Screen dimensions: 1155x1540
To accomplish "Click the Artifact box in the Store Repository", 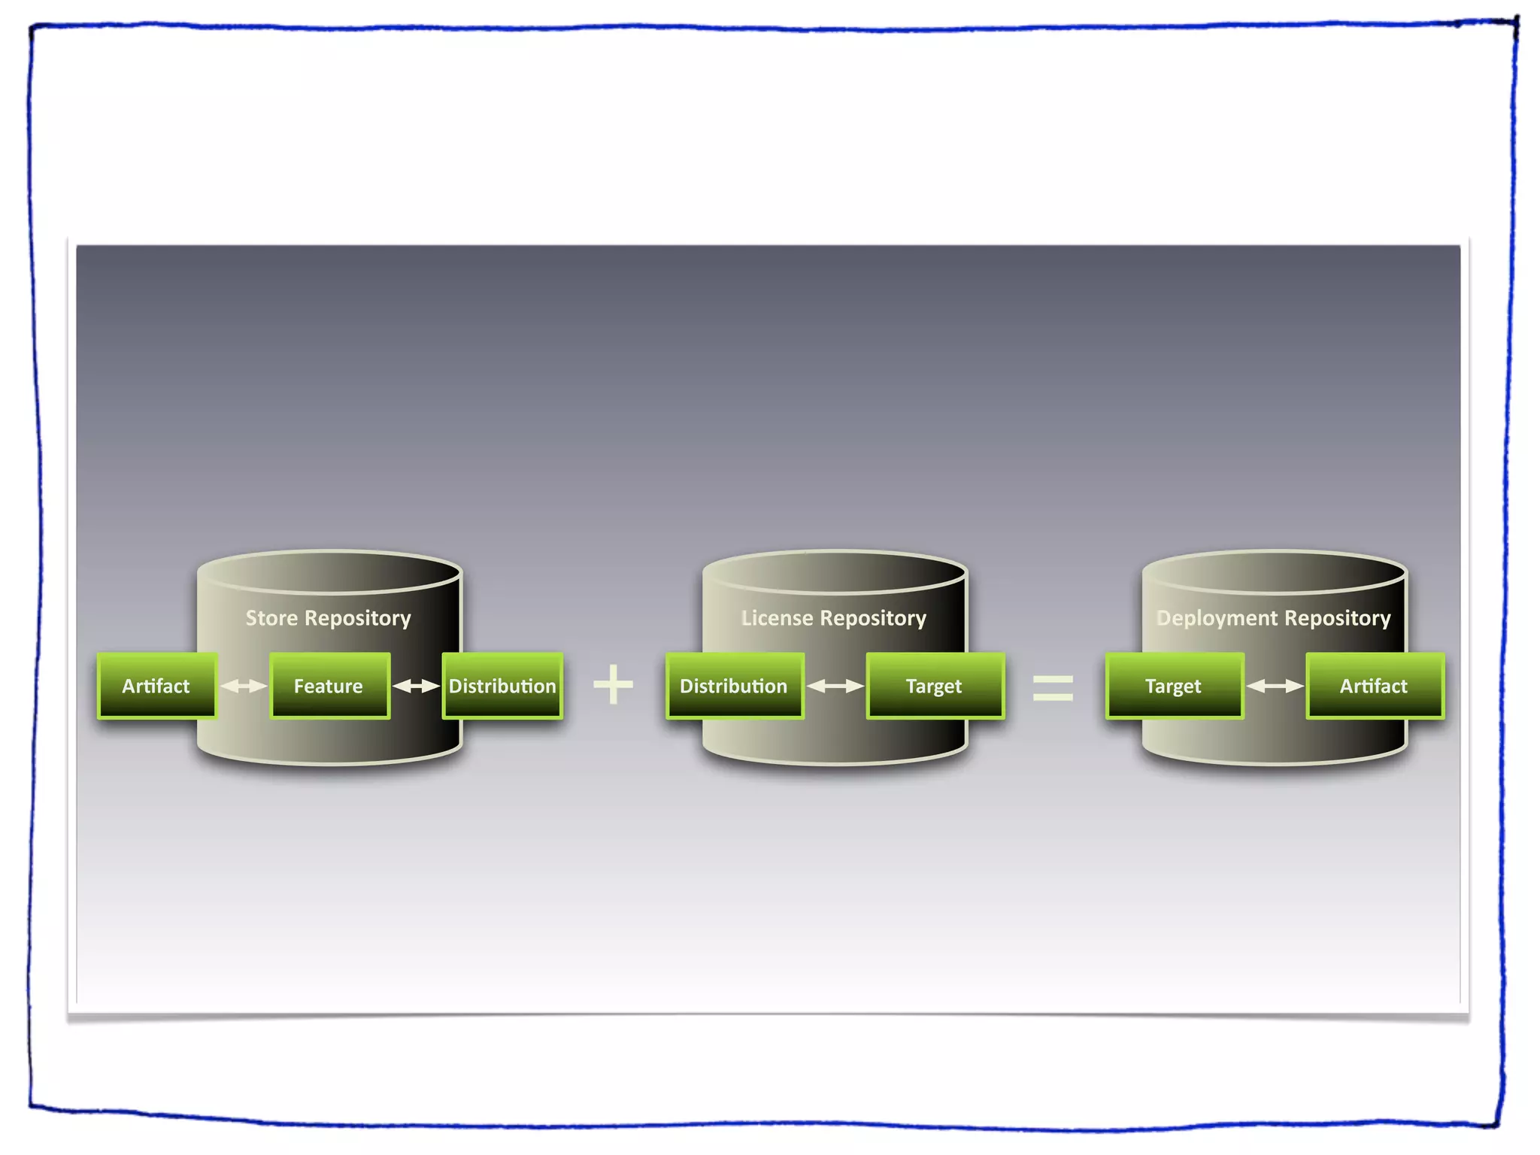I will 156,686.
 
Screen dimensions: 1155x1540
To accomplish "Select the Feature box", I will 329,686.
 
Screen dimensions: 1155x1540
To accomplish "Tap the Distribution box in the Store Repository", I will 502,686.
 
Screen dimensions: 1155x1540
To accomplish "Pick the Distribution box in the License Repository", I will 734,686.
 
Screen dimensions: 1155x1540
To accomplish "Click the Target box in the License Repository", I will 935,686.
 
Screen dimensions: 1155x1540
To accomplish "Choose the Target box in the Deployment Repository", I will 1174,686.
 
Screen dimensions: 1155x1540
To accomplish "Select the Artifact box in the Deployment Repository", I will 1375,686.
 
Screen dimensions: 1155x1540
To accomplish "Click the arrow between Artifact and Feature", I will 244,686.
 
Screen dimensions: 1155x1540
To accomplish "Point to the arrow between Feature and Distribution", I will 416,686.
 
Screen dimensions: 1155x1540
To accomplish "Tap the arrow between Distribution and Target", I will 835,686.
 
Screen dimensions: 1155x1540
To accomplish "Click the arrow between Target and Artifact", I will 1275,686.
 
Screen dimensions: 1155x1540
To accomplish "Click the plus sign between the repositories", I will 614,684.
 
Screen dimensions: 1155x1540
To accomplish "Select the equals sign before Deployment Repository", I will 1053,687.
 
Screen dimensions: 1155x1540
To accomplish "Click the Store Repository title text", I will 329,618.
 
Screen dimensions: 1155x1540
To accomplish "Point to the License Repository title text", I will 833,618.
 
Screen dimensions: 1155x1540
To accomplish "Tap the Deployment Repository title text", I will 1273,618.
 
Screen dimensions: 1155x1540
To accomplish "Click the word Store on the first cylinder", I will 272,618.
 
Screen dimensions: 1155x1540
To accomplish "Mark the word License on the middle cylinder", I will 777,618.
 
